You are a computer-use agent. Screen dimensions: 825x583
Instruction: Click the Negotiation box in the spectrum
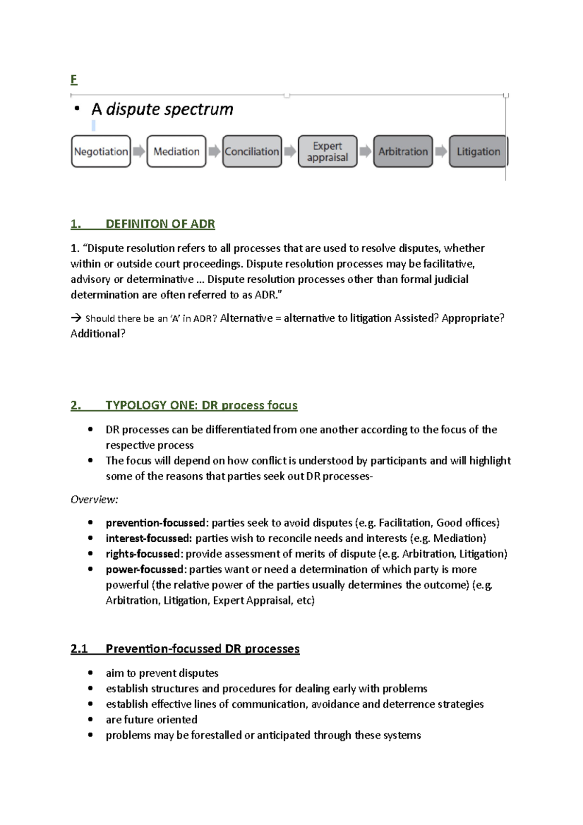tap(101, 152)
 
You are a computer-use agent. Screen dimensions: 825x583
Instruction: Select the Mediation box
tap(176, 152)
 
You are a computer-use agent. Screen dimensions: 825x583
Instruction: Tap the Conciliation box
tap(252, 152)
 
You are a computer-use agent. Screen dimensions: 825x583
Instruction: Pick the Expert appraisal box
tap(327, 152)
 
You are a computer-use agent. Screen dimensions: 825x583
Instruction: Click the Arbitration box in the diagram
tap(403, 152)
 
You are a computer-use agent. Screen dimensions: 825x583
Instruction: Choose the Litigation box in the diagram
tap(478, 152)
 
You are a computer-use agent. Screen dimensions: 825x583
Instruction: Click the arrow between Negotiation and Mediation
tap(139, 152)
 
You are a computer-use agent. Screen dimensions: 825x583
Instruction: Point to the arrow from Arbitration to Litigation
tap(441, 152)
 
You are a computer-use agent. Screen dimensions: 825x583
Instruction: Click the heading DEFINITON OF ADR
tap(160, 224)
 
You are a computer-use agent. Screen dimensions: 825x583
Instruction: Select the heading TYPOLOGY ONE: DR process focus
tap(201, 405)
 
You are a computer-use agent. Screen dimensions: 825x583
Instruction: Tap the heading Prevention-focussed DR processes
tap(202, 649)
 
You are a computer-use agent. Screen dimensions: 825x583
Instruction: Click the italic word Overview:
tap(94, 499)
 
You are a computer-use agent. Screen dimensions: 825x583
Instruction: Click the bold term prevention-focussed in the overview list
tap(155, 523)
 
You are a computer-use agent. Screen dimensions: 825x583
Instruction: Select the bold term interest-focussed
tap(149, 538)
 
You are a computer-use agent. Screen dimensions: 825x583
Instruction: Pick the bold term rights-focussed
tap(143, 554)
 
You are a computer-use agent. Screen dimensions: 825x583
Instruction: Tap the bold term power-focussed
tap(145, 569)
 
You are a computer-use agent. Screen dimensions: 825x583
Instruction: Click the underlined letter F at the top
tap(74, 79)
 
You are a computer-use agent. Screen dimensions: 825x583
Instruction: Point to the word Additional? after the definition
tap(98, 334)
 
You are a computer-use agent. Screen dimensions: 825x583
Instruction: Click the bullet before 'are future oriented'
tap(90, 720)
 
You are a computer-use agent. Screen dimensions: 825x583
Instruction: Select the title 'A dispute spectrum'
tap(162, 109)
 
